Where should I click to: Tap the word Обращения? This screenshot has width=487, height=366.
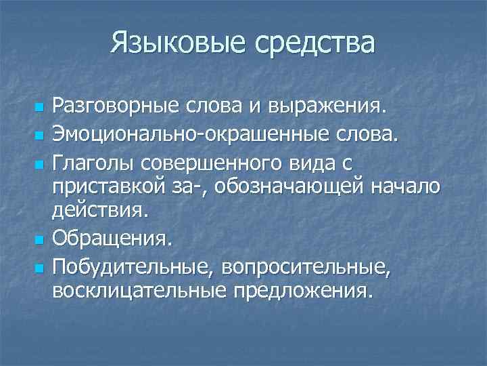pos(112,239)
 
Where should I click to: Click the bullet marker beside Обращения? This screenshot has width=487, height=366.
pos(38,240)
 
